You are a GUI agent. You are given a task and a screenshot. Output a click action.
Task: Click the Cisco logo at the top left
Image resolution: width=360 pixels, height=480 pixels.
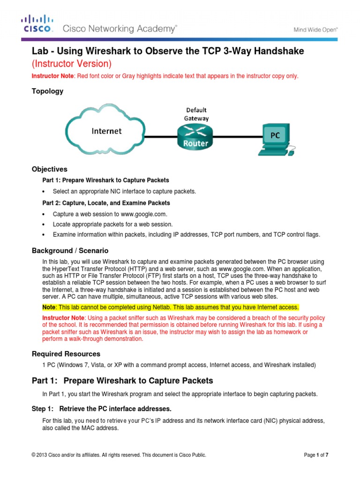click(x=37, y=24)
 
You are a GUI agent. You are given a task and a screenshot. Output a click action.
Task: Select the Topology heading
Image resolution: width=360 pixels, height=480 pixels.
click(x=47, y=91)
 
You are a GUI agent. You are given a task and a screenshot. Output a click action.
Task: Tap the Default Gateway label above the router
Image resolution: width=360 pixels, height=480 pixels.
click(x=196, y=114)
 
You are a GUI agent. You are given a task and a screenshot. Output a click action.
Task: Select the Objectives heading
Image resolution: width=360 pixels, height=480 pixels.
click(x=49, y=169)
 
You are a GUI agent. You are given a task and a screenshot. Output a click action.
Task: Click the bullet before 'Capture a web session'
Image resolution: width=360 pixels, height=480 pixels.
click(x=44, y=214)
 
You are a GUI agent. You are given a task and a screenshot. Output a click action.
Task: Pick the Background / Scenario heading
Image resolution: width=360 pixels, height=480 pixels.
click(x=70, y=251)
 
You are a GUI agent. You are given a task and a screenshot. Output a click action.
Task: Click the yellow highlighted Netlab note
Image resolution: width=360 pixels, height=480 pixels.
click(x=171, y=307)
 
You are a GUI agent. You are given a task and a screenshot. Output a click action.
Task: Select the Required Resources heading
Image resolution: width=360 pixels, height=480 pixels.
click(x=66, y=354)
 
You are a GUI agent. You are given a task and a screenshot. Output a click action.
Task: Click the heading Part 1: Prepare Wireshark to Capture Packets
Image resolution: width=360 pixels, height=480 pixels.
click(x=122, y=381)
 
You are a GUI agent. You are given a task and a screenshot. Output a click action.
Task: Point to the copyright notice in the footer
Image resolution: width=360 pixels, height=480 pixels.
click(x=119, y=455)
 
